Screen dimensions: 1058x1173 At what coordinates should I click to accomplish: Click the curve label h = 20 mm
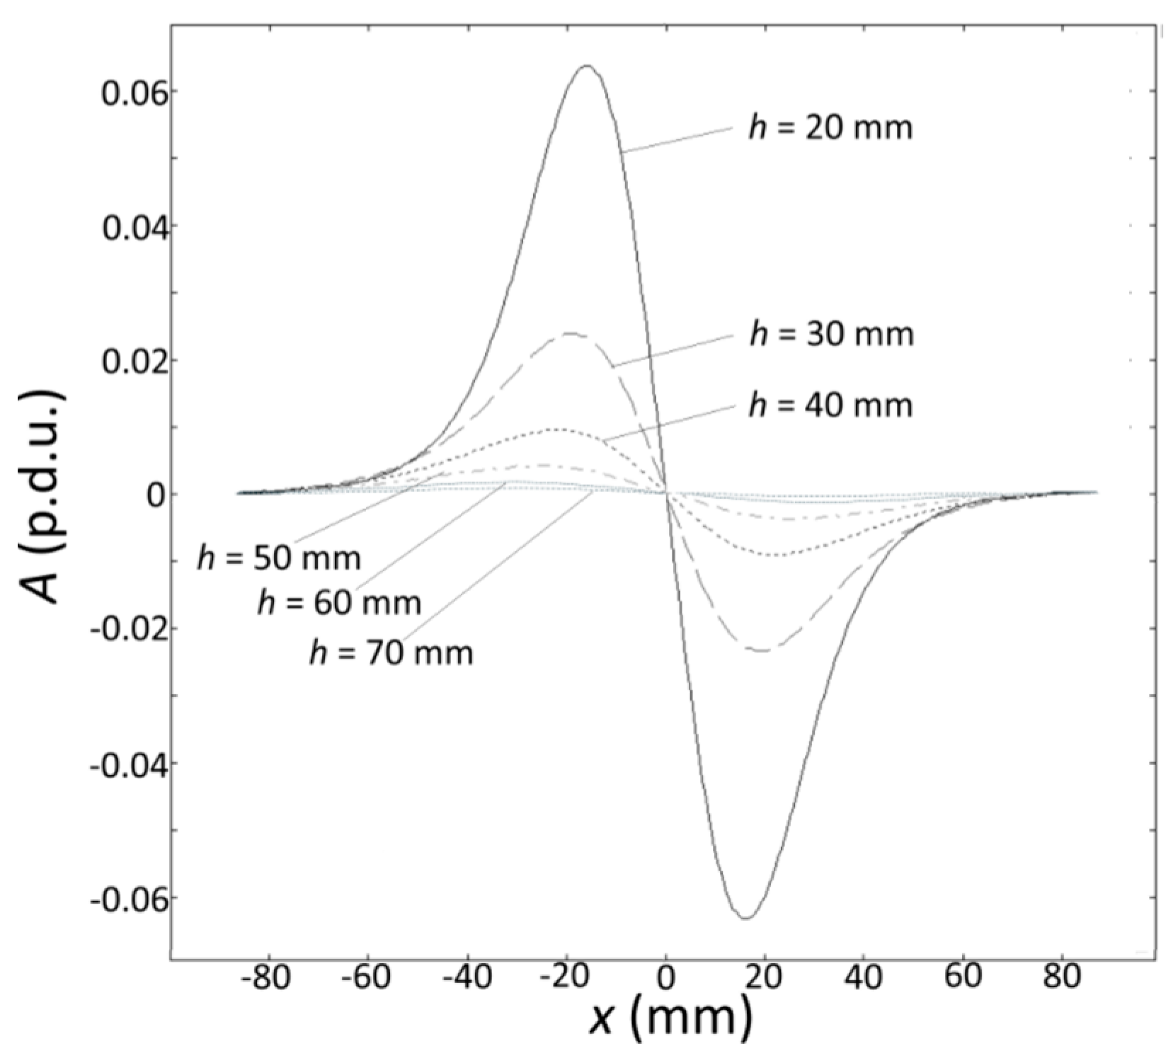pyautogui.click(x=830, y=128)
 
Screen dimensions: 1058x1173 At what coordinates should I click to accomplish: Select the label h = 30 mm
pyautogui.click(x=832, y=334)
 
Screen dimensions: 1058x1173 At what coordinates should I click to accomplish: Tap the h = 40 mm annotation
pyautogui.click(x=831, y=406)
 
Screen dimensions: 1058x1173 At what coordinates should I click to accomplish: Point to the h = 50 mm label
pyautogui.click(x=279, y=558)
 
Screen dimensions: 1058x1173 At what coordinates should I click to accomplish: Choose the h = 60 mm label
pyautogui.click(x=339, y=603)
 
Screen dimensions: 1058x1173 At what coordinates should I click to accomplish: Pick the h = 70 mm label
pyautogui.click(x=391, y=652)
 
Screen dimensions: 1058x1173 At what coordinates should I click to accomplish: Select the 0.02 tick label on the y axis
pyautogui.click(x=130, y=361)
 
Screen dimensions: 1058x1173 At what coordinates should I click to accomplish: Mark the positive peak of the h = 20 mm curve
pyautogui.click(x=586, y=66)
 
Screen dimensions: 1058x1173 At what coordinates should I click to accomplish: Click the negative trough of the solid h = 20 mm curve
pyautogui.click(x=746, y=918)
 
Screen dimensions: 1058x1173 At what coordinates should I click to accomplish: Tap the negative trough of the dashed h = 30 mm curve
pyautogui.click(x=763, y=650)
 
